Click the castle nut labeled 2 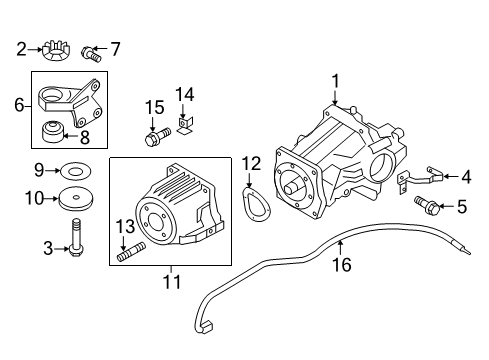pyautogui.click(x=56, y=51)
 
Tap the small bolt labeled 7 pyautogui.click(x=91, y=54)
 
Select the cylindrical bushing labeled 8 pyautogui.click(x=51, y=132)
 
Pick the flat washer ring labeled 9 pyautogui.click(x=75, y=171)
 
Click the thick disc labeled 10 pyautogui.click(x=76, y=199)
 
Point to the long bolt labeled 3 pyautogui.click(x=76, y=239)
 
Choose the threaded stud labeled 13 pyautogui.click(x=131, y=252)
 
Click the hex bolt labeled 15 pyautogui.click(x=157, y=136)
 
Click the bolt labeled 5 pyautogui.click(x=427, y=206)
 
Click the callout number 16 pyautogui.click(x=342, y=265)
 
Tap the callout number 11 pyautogui.click(x=172, y=282)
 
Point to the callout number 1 pyautogui.click(x=335, y=81)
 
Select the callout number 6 pyautogui.click(x=19, y=105)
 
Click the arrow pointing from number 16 pyautogui.click(x=340, y=247)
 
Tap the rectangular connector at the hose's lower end pyautogui.click(x=208, y=326)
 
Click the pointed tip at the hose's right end pyautogui.click(x=470, y=253)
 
